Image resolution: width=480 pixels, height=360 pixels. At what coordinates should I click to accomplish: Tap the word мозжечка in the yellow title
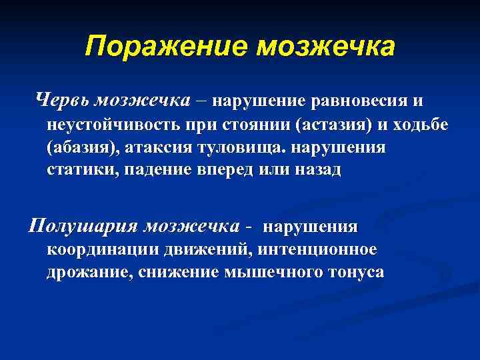click(x=326, y=47)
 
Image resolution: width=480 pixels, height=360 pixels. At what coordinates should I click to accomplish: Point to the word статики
click(x=75, y=170)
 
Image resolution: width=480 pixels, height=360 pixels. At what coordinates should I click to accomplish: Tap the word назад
click(x=317, y=170)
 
